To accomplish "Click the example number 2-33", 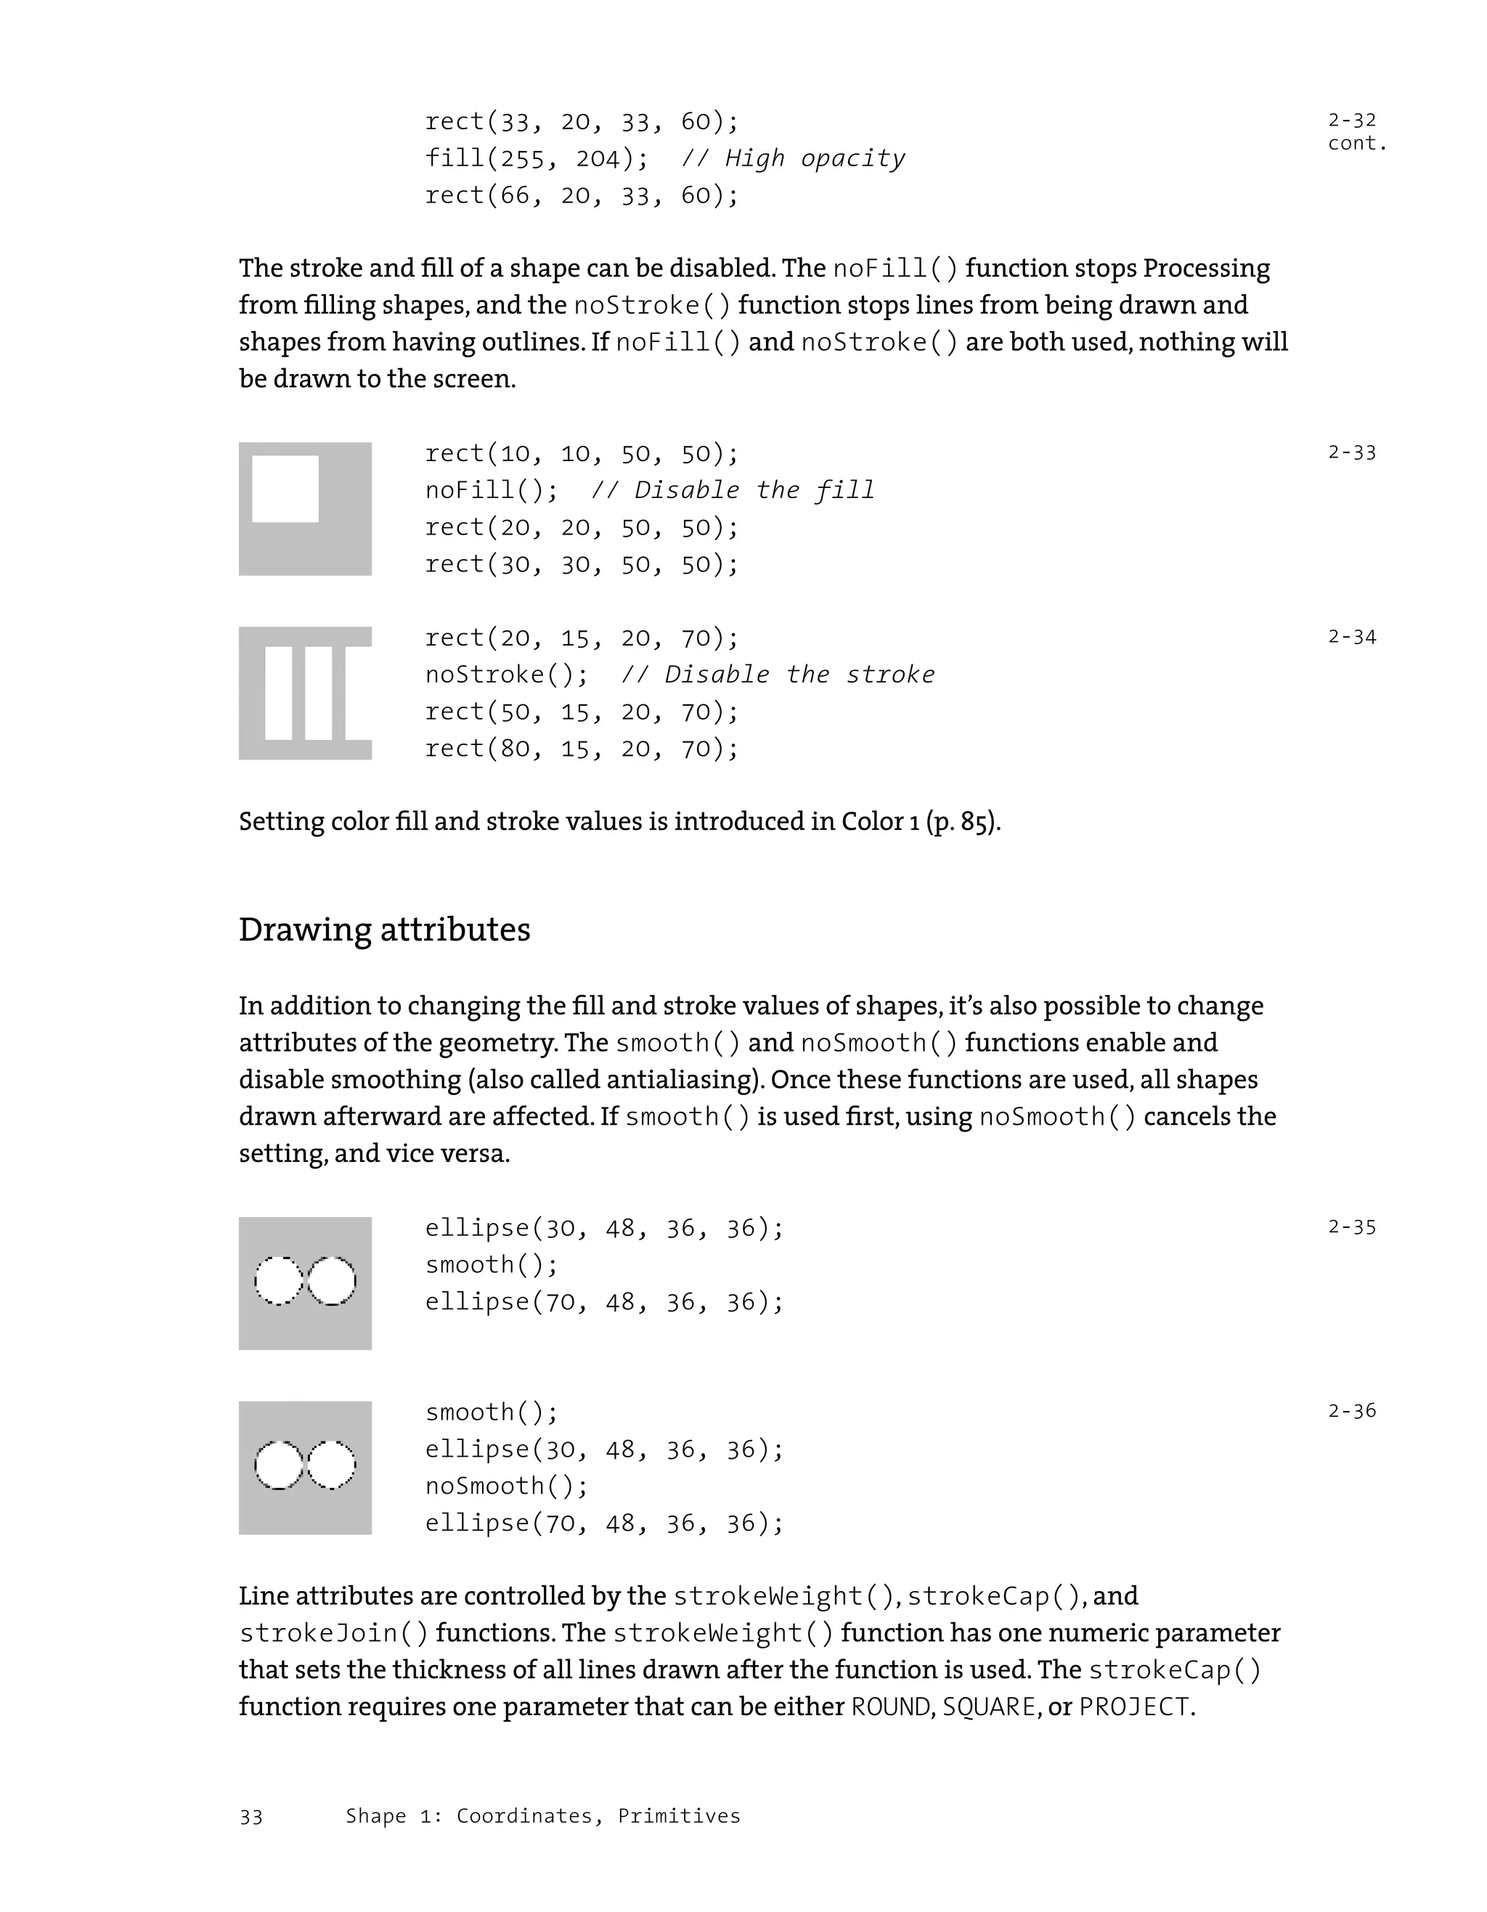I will click(1351, 452).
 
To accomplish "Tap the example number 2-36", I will click(1351, 1410).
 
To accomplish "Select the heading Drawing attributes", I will click(384, 929).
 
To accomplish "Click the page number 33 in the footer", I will click(251, 1817).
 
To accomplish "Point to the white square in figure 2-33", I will click(285, 489).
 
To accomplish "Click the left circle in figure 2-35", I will click(278, 1281).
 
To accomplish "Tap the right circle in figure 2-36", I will click(332, 1465).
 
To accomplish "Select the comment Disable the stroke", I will click(777, 674).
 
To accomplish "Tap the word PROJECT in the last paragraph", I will click(1134, 1707).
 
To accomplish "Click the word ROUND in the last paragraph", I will click(891, 1707).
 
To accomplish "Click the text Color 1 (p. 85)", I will click(920, 821).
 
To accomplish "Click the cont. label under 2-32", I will click(1356, 144).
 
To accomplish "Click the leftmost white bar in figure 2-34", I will click(278, 693).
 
